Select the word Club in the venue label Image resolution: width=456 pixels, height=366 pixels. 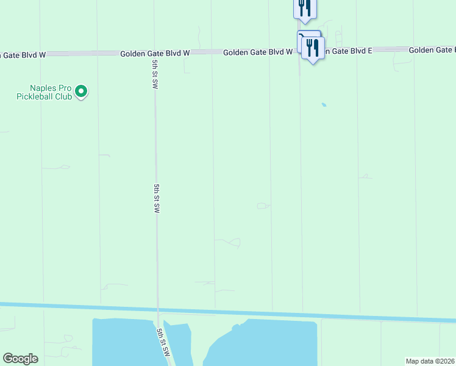tap(65, 96)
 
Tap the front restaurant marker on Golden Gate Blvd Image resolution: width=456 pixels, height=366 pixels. tap(313, 48)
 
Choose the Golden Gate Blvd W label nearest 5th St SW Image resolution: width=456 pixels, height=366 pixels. tap(155, 53)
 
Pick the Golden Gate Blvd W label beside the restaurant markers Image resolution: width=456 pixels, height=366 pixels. tap(257, 52)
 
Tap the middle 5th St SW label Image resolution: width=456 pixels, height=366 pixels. tap(157, 198)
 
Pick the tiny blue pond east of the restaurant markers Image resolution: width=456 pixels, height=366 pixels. tap(324, 105)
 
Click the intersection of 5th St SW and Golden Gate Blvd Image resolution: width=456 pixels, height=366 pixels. tap(154, 53)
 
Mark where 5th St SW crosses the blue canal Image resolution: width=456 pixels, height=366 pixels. tap(158, 309)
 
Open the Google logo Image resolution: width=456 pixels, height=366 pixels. tap(20, 359)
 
